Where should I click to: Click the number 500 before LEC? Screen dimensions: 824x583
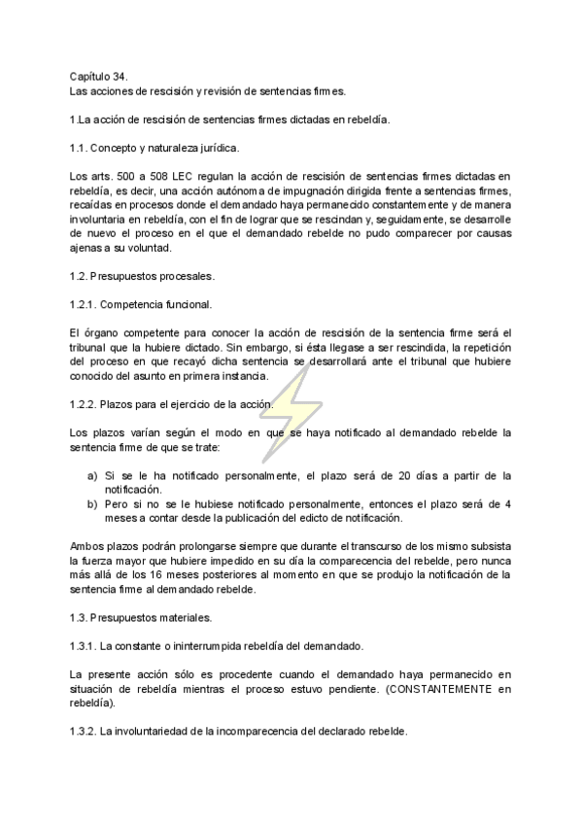[136, 176]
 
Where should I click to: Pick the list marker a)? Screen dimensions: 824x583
[92, 475]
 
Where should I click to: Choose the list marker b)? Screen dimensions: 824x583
[92, 504]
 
